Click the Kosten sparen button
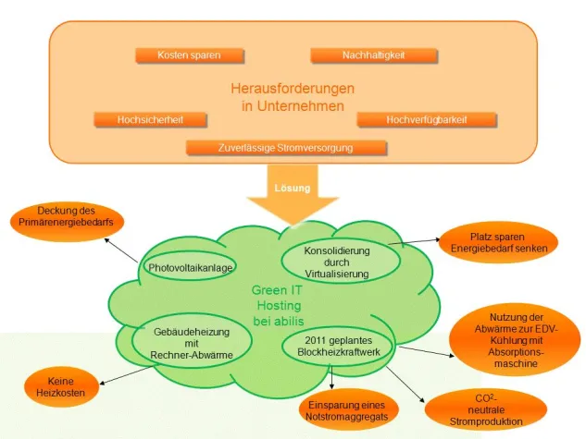point(190,55)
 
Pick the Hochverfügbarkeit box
point(426,119)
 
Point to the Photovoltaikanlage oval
point(190,267)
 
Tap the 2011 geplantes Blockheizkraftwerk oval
point(337,348)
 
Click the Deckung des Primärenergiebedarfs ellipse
point(65,218)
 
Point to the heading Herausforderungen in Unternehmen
point(292,97)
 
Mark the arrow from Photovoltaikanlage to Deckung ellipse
point(122,250)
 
